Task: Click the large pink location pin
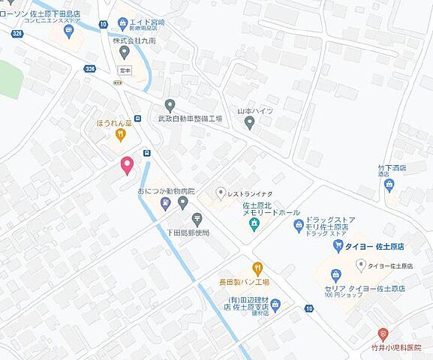(126, 165)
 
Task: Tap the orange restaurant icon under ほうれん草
(120, 135)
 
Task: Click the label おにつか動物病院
(165, 192)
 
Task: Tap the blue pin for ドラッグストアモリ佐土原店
(299, 224)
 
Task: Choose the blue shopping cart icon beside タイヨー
(338, 245)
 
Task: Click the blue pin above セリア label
(360, 265)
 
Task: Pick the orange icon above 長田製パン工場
(257, 266)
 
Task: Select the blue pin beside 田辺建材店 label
(275, 304)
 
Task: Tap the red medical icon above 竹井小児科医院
(383, 333)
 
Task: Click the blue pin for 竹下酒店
(389, 184)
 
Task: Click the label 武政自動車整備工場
(191, 119)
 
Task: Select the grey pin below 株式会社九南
(125, 52)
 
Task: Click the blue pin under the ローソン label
(69, 31)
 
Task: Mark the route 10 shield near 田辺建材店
(309, 308)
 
